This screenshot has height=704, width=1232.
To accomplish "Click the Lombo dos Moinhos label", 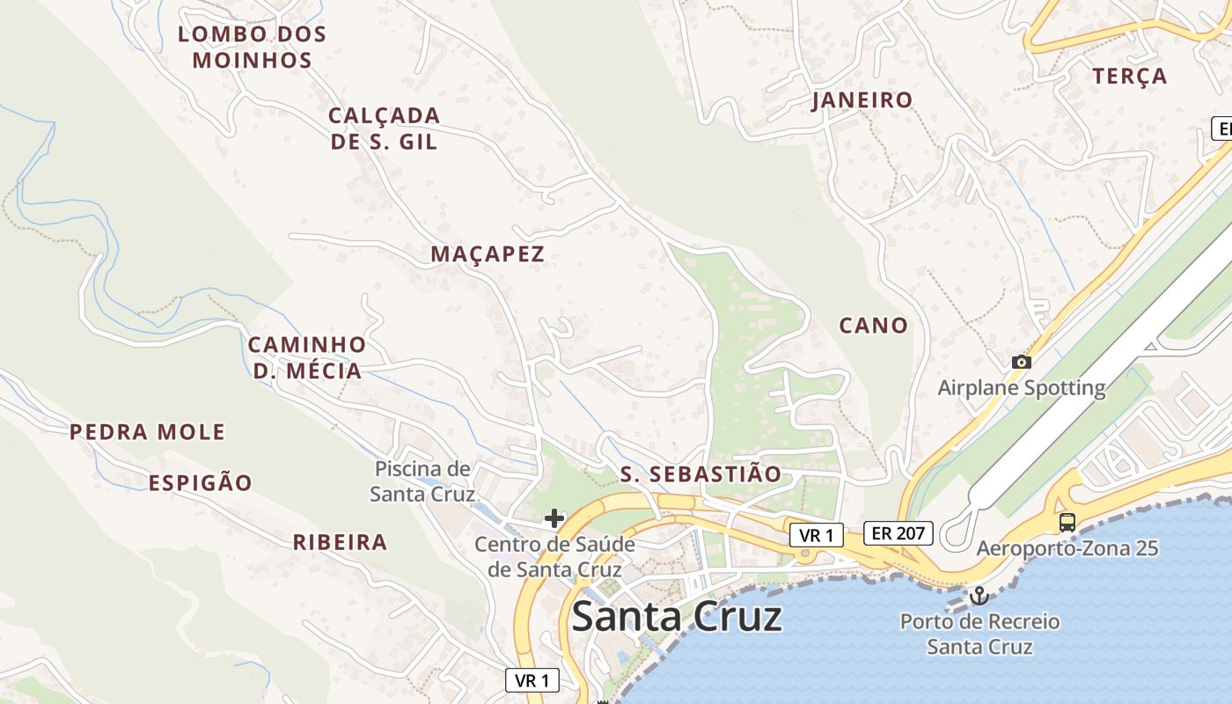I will click(252, 48).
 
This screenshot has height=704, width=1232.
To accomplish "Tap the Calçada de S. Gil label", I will click(384, 128).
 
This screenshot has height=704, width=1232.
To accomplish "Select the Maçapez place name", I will click(488, 254).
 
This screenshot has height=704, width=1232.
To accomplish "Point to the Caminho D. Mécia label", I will click(307, 357).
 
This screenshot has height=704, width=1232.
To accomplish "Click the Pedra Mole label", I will click(147, 432).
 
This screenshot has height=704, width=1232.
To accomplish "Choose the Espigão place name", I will click(200, 482).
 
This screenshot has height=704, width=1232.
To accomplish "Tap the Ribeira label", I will click(340, 542).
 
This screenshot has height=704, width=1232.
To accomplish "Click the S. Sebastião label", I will click(700, 474).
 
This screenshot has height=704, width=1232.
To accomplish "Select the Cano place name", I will click(873, 326).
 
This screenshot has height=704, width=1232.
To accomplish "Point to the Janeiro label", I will click(862, 100).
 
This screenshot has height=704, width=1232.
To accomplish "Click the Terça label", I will click(1130, 77).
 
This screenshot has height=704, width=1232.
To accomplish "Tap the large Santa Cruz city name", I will click(676, 617).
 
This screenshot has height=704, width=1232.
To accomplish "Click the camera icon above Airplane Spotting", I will click(1021, 362).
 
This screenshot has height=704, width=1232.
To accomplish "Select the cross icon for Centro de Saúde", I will click(554, 518).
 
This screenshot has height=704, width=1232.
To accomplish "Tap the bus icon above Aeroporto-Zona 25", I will click(1067, 522).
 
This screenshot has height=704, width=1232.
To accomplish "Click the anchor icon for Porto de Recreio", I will click(979, 597).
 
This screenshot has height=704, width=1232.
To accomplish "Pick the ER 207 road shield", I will click(898, 532).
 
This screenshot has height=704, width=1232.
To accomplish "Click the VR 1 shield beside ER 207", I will click(816, 534).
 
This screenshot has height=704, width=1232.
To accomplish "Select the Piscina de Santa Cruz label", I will click(422, 480).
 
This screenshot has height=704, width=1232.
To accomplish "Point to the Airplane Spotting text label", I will click(1021, 387).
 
